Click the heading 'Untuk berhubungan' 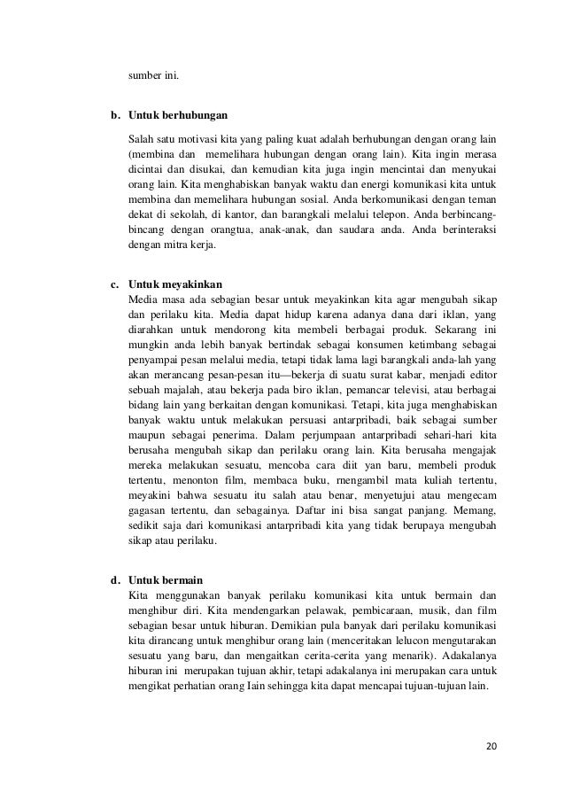point(178,116)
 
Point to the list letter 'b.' point(115,116)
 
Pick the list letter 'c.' point(114,286)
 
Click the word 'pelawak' point(299,611)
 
